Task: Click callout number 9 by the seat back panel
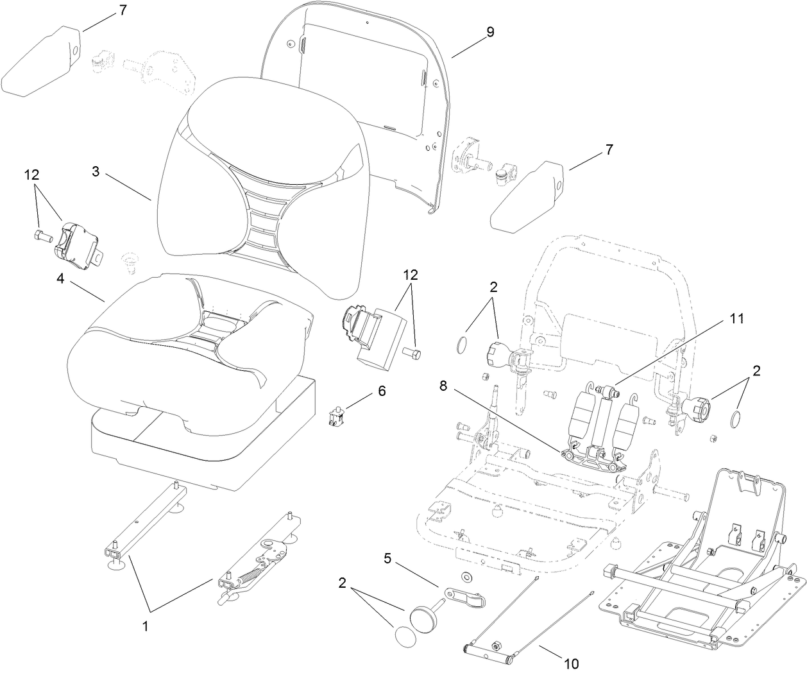(490, 32)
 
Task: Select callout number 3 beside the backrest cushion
(96, 172)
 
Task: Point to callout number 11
(736, 318)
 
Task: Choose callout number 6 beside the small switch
(382, 391)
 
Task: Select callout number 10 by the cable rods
(570, 664)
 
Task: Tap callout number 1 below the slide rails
(145, 627)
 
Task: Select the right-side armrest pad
(527, 196)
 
